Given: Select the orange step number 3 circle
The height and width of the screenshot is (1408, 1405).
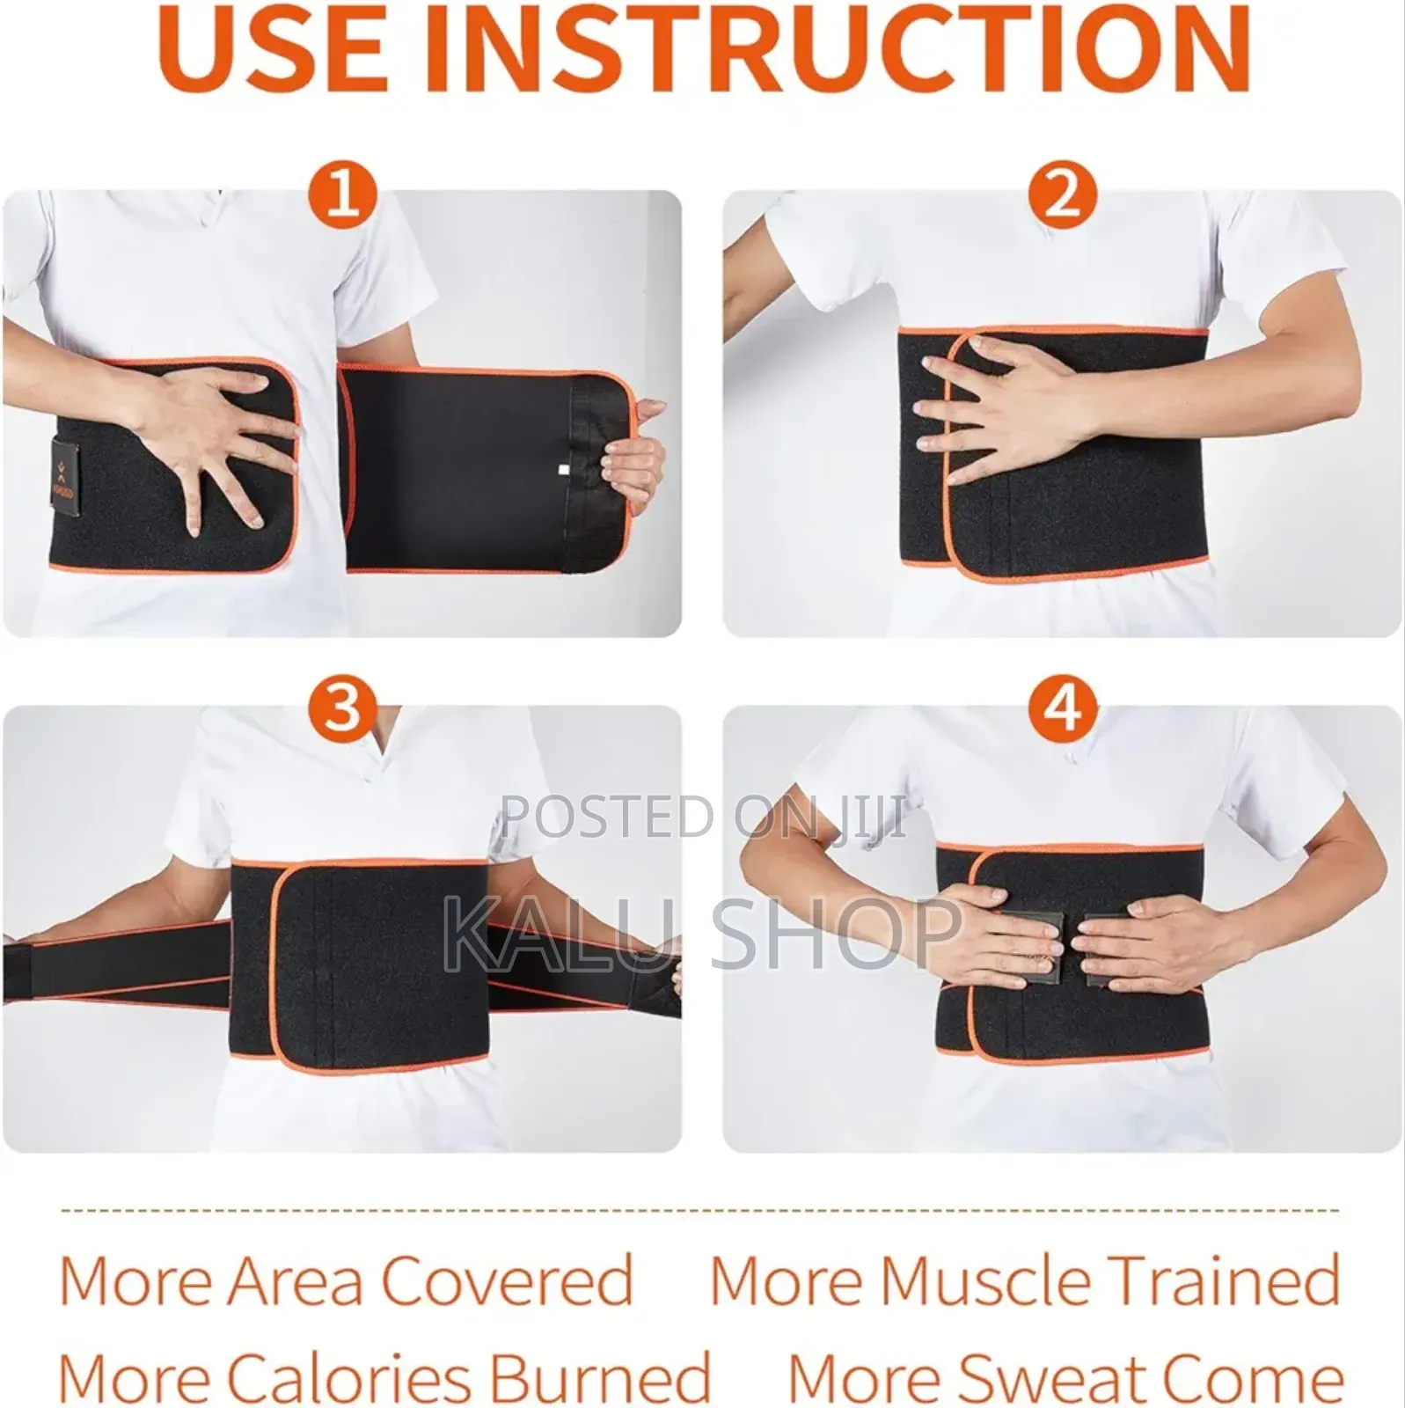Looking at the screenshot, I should [343, 709].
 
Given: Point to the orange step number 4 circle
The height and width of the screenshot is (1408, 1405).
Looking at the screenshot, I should [1062, 709].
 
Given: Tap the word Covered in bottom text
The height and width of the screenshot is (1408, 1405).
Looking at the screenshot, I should [507, 1280].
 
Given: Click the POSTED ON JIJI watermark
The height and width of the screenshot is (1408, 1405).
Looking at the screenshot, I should [704, 817].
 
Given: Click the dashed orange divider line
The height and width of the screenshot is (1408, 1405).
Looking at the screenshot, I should [699, 1212].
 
